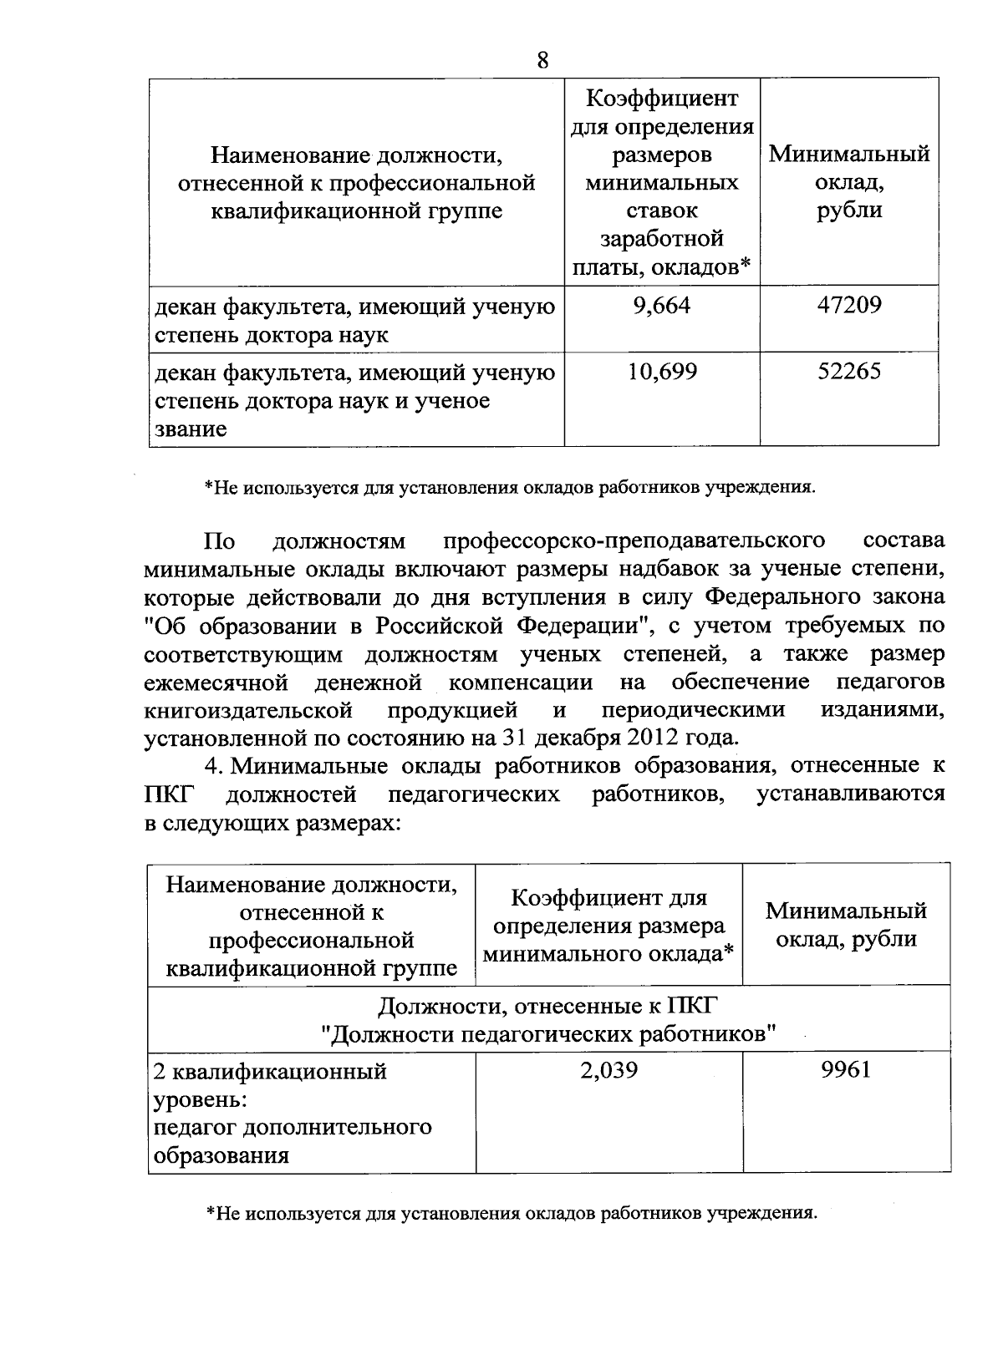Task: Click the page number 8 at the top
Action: coord(542,60)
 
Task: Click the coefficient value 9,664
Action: coord(662,306)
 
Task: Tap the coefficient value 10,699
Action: coord(662,372)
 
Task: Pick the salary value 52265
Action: coord(849,372)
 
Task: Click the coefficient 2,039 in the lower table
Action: coord(609,1069)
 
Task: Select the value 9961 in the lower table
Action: coord(846,1069)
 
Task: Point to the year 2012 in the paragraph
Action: coord(647,738)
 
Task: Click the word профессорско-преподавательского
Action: coord(634,540)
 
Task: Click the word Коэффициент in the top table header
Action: coord(662,99)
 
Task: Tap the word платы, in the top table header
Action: coord(608,267)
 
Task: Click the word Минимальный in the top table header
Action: coord(849,155)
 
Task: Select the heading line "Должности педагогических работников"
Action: coord(549,1034)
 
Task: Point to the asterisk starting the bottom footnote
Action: coord(210,1213)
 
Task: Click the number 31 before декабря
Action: coord(515,738)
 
